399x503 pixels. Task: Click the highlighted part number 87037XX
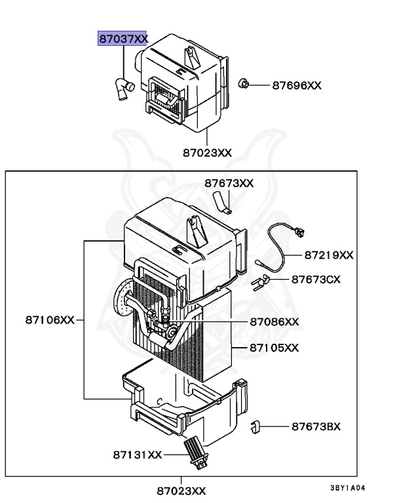[x=123, y=39]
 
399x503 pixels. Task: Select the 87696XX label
[x=296, y=86]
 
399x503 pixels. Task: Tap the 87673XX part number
[x=229, y=183]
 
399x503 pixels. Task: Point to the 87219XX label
[x=328, y=255]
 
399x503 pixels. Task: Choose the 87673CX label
[x=316, y=279]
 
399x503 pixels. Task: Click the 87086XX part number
[x=274, y=322]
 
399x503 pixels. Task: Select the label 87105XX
[x=274, y=347]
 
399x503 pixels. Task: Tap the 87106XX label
[x=50, y=320]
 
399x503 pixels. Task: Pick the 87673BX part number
[x=316, y=426]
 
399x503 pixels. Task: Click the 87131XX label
[x=137, y=454]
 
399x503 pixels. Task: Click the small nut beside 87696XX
[x=243, y=84]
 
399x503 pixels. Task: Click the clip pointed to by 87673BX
[x=256, y=428]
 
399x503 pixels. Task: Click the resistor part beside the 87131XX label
[x=195, y=451]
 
